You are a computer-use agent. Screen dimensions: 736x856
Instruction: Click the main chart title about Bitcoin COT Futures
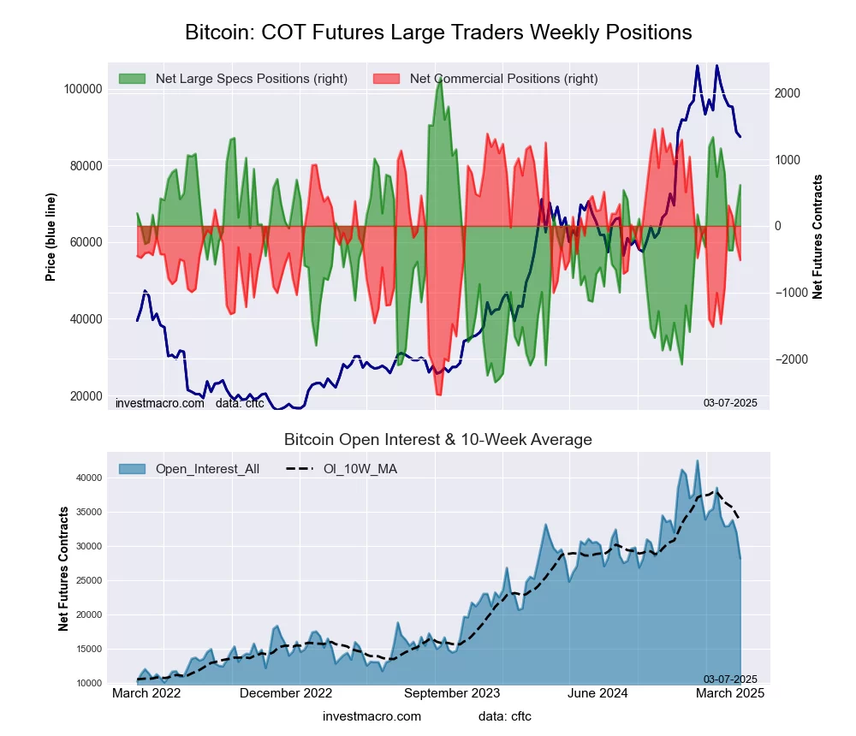[x=438, y=33]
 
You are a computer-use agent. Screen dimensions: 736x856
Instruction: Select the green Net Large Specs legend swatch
[x=133, y=79]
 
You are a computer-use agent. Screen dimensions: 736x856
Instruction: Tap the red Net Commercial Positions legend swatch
[x=387, y=79]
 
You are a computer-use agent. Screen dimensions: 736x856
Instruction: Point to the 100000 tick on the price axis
[x=84, y=89]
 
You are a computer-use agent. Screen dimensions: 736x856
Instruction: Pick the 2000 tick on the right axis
[x=788, y=93]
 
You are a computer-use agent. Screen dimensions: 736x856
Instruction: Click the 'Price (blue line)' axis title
[x=51, y=237]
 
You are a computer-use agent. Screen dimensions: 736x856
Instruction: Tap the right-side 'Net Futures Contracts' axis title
[x=817, y=237]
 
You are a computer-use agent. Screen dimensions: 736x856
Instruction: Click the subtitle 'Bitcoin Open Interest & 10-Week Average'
[x=438, y=440]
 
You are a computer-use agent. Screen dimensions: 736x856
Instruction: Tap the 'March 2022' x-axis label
[x=146, y=693]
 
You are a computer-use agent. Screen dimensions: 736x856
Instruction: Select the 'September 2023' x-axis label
[x=451, y=693]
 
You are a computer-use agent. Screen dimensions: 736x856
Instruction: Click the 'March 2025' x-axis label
[x=728, y=693]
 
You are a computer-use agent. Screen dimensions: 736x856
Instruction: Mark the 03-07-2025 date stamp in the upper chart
[x=730, y=402]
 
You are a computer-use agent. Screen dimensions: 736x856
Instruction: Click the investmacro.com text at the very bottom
[x=372, y=715]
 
